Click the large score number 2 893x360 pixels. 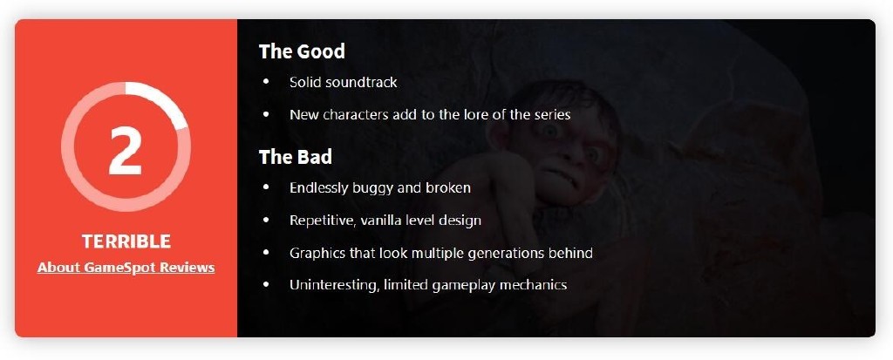point(126,149)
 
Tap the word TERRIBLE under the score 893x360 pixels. point(126,241)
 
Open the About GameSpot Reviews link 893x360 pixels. point(126,267)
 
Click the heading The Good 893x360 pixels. point(302,51)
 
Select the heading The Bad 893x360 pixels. point(296,157)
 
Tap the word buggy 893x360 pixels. point(369,188)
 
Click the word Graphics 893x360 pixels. point(317,253)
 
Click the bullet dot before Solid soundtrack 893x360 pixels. point(266,82)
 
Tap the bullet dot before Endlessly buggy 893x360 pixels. point(266,187)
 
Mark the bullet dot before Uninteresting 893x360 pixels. point(266,284)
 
